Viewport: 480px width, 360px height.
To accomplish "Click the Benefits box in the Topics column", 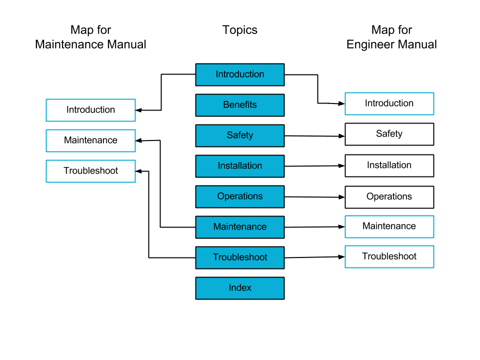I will (x=240, y=105).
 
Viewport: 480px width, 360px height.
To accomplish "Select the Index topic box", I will (x=240, y=288).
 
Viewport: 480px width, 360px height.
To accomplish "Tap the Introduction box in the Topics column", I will (x=240, y=74).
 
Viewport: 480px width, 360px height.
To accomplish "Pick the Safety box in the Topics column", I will (x=240, y=135).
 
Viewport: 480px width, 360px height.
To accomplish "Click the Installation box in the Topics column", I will (x=240, y=166).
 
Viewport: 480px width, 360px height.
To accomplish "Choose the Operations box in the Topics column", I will (x=240, y=196).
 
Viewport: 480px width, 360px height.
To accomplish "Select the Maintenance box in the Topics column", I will (x=240, y=227).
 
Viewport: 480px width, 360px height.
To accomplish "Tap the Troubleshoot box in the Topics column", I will (x=240, y=257).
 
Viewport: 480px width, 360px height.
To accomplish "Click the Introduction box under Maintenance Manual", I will (x=90, y=110).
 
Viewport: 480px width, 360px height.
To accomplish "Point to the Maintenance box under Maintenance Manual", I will (x=90, y=140).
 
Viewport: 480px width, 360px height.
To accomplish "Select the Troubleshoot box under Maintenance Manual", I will (x=90, y=171).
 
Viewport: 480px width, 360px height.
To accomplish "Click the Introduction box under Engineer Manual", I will (x=389, y=103).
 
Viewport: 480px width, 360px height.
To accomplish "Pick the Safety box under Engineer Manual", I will (x=389, y=134).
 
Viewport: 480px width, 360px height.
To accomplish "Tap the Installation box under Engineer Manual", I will (x=389, y=165).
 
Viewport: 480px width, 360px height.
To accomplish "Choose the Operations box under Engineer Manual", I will (x=389, y=197).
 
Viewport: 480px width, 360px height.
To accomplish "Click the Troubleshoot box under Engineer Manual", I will (x=389, y=256).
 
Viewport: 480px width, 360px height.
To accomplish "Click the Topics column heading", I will (x=240, y=30).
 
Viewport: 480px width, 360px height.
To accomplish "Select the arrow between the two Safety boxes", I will (x=314, y=135).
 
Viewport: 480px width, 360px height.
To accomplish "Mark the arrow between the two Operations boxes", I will (x=314, y=196).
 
